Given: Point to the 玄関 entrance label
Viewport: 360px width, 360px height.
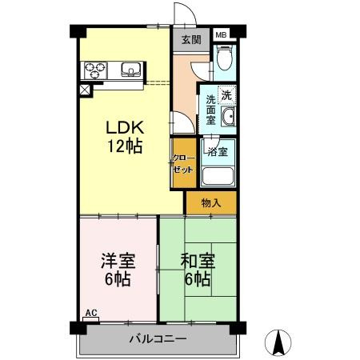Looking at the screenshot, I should [190, 39].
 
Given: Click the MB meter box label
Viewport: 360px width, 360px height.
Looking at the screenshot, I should [221, 34].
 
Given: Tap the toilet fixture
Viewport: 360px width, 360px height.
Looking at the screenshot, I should [225, 58].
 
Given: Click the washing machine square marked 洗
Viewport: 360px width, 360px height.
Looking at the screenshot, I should [226, 94].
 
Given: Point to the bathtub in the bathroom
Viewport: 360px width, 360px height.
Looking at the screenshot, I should [218, 176].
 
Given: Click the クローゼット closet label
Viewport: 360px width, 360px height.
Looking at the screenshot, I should [183, 164].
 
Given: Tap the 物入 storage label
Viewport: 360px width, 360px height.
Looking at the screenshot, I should [211, 203].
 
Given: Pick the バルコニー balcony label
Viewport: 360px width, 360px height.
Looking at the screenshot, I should [158, 339].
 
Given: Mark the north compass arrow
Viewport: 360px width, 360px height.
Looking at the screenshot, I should [280, 343].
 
